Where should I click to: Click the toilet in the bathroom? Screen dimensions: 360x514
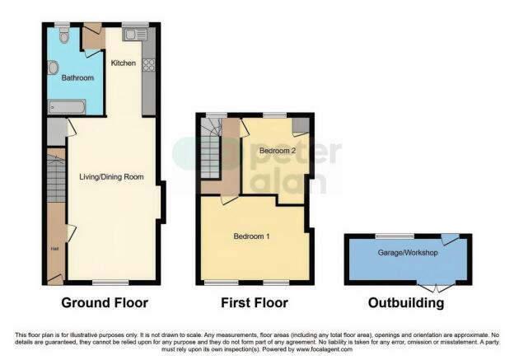64,35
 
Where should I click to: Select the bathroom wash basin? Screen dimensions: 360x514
53,68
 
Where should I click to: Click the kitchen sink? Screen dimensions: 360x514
134,35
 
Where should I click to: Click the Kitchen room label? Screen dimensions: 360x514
124,63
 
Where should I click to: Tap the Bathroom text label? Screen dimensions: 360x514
78,77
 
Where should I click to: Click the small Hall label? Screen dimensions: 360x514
54,246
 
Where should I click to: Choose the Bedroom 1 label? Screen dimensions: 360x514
251,236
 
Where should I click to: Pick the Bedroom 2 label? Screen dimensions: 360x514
277,152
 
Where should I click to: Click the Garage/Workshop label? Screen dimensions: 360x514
407,252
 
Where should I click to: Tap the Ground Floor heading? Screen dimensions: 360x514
105,303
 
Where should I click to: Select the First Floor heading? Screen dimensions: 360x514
255,303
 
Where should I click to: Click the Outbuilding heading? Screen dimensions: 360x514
406,303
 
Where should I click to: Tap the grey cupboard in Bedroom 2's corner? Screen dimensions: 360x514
301,124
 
